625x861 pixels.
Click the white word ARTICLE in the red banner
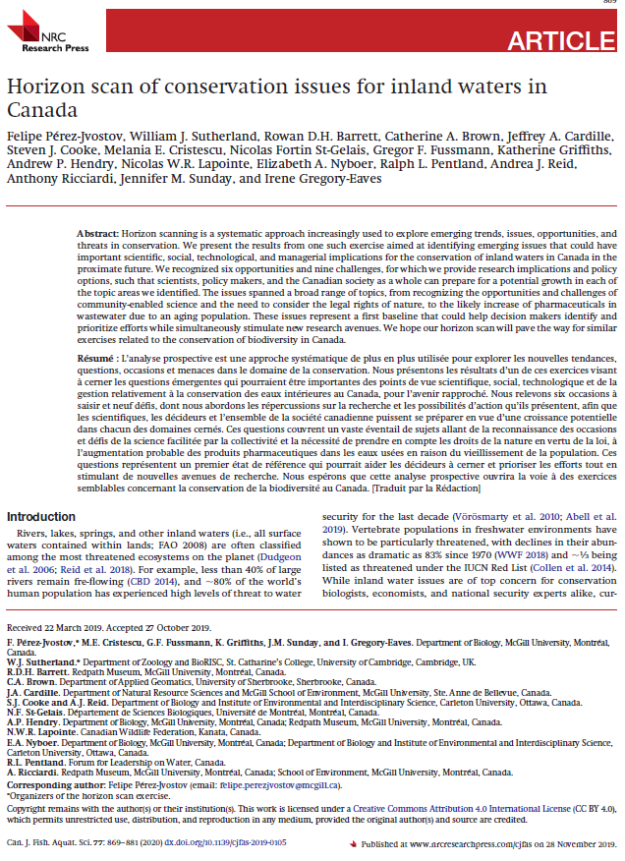coord(560,40)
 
